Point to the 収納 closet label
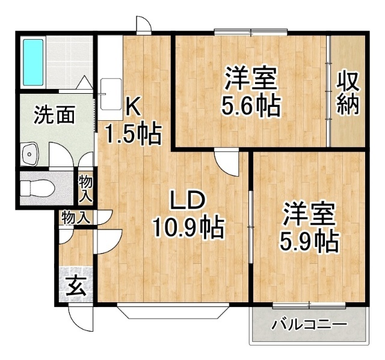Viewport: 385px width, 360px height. [x=347, y=94]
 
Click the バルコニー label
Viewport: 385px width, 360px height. [x=309, y=325]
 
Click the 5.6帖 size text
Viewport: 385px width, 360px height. [x=251, y=107]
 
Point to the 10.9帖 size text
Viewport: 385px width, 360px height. [x=188, y=228]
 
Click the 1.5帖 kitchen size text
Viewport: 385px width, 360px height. [x=134, y=134]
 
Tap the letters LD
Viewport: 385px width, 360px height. [x=187, y=200]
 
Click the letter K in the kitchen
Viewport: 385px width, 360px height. [x=133, y=106]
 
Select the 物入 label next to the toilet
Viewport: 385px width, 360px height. [x=86, y=189]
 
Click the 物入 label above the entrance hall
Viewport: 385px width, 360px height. [x=76, y=218]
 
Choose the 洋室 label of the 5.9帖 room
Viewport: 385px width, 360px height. [x=309, y=213]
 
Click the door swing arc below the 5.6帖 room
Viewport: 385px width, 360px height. [x=227, y=162]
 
